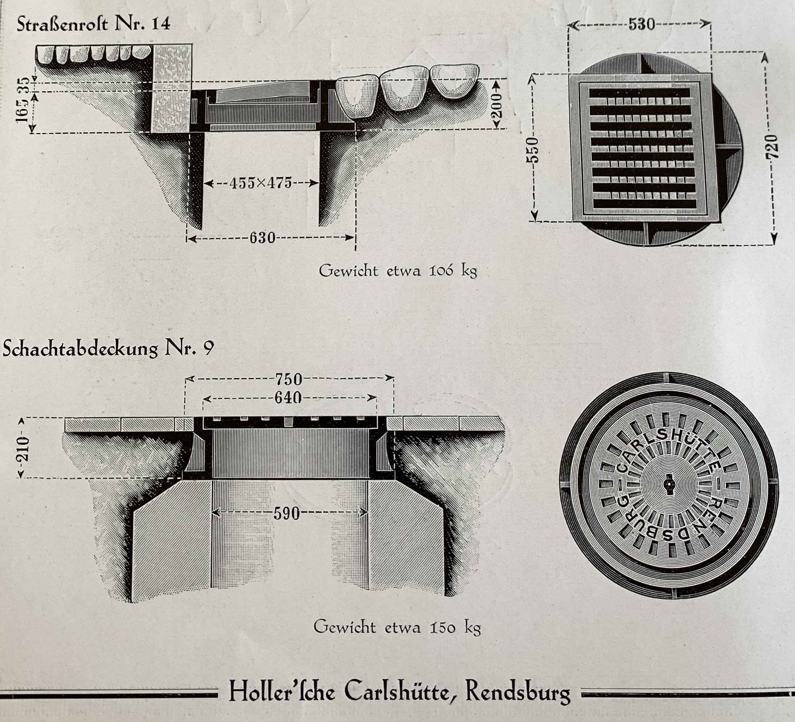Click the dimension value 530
tap(641, 24)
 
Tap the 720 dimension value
tap(772, 147)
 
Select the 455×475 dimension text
tap(261, 183)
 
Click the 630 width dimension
tap(262, 238)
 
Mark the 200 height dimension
tap(497, 106)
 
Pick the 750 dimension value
tap(289, 379)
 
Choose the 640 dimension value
tap(288, 398)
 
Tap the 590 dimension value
tap(287, 513)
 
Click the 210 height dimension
tap(24, 449)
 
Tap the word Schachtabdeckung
tap(80, 349)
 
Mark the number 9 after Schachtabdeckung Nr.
tap(209, 349)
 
